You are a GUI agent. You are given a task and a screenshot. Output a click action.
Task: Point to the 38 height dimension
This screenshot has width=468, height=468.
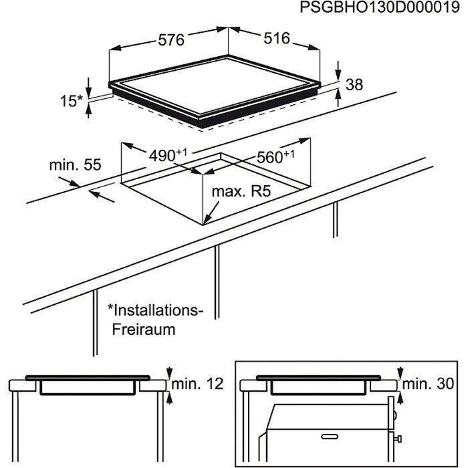354,85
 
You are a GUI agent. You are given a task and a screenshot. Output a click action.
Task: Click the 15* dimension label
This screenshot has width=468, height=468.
72,101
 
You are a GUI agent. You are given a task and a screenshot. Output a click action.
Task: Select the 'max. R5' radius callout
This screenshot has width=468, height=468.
241,193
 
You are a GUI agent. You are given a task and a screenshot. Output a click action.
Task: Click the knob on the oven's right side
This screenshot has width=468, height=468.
398,440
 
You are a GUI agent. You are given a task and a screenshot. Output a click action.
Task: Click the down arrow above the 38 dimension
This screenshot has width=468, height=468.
338,72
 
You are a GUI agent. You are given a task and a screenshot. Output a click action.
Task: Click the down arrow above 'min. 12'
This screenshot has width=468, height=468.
170,372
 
